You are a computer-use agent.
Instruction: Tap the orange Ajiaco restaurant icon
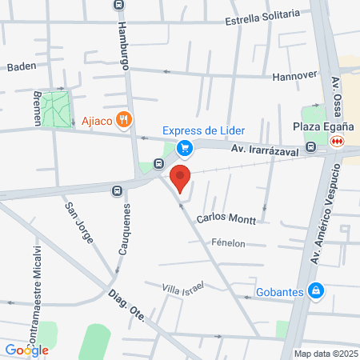[122, 122]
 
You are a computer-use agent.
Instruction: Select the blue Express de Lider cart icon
[185, 147]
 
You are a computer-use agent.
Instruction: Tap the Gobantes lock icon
[317, 290]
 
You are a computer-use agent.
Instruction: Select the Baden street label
[22, 66]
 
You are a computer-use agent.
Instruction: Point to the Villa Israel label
[182, 287]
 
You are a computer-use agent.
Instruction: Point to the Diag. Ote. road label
[127, 307]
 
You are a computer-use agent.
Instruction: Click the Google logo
[26, 350]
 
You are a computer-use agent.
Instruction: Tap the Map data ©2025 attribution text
[323, 354]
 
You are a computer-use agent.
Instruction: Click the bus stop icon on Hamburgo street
[118, 4]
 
